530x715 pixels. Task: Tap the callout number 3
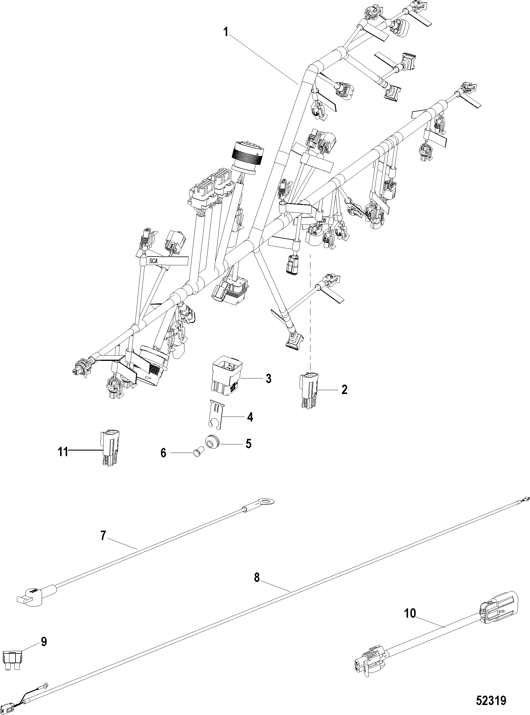click(x=268, y=378)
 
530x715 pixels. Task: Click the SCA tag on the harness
click(x=154, y=261)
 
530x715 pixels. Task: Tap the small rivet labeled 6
click(x=196, y=452)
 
